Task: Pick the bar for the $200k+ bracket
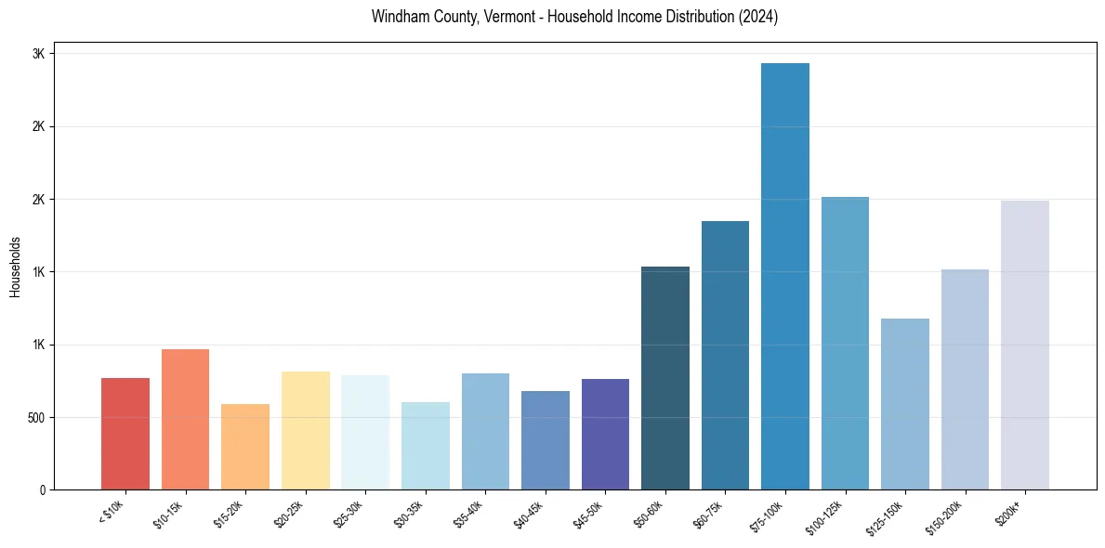point(1025,345)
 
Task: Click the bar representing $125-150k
point(905,404)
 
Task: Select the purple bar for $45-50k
point(605,434)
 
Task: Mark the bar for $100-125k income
point(845,343)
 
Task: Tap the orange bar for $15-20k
point(245,447)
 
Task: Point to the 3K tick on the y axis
point(39,54)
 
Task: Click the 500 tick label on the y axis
point(35,417)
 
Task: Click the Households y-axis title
point(15,266)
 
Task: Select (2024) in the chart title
point(758,17)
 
